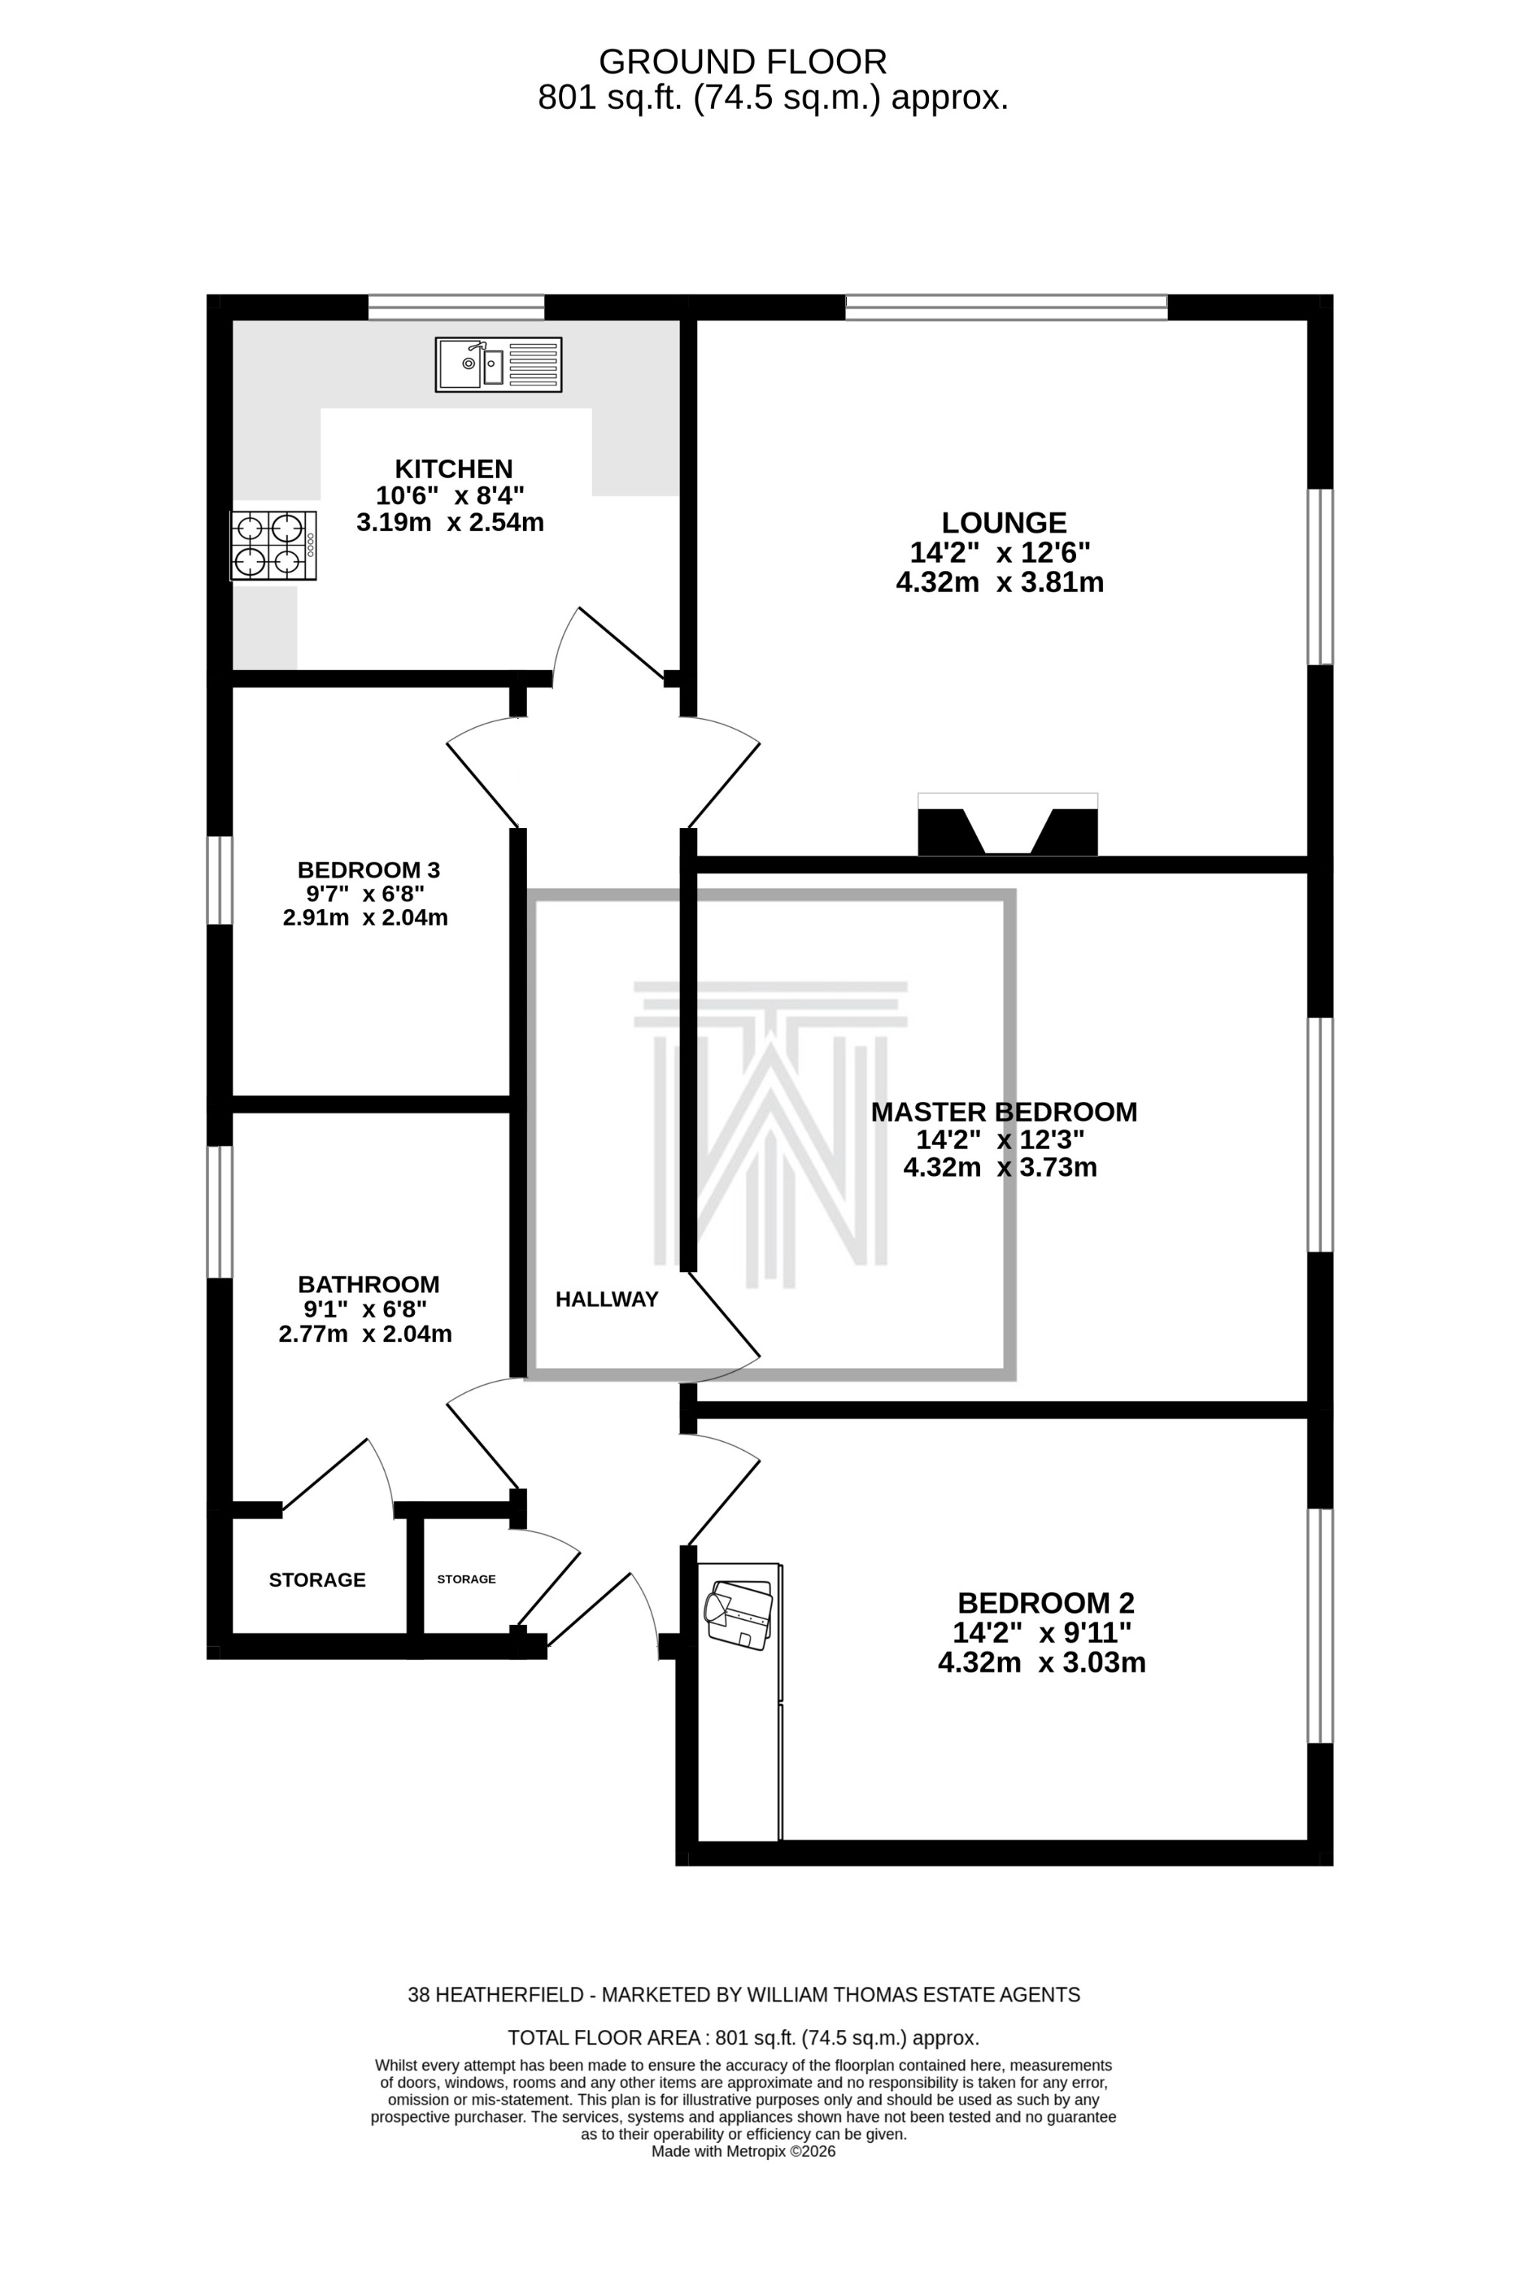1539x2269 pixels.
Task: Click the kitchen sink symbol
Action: (x=498, y=364)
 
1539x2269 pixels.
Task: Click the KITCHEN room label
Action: (x=453, y=469)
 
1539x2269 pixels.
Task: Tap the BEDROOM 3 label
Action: (x=368, y=869)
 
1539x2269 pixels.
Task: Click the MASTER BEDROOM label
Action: (x=1003, y=1112)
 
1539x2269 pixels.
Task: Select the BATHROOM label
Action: (x=368, y=1284)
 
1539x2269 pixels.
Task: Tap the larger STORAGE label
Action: (x=316, y=1580)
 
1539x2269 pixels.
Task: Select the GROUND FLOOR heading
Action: (x=742, y=62)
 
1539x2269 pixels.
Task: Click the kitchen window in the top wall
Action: (x=455, y=307)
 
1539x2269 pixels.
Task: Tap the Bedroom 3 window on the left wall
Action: (x=219, y=879)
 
